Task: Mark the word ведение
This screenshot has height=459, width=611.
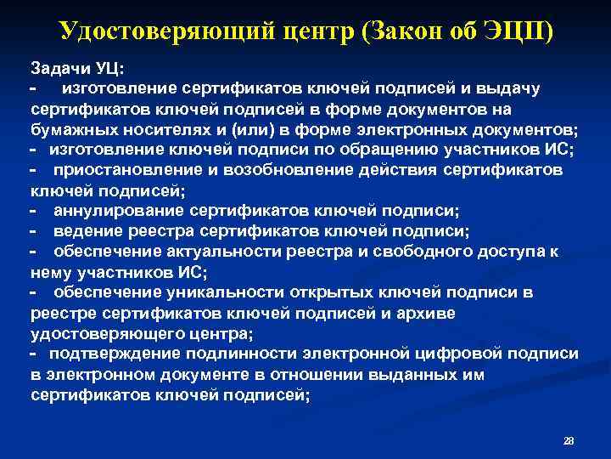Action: (x=86, y=231)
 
